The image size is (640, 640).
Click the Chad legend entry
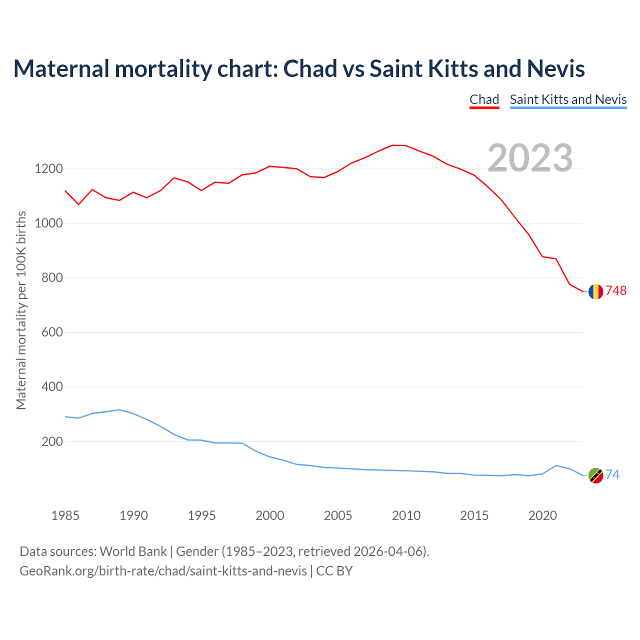(x=484, y=99)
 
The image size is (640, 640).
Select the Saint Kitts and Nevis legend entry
(x=568, y=99)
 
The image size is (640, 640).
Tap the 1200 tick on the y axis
(x=48, y=169)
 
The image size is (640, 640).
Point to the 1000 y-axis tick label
(x=48, y=223)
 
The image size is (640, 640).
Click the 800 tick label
(x=52, y=278)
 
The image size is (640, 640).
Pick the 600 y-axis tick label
(x=52, y=332)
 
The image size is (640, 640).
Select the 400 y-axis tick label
(x=52, y=387)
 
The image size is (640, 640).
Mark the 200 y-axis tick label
(x=52, y=441)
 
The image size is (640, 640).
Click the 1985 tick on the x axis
(x=65, y=515)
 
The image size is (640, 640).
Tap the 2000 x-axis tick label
(x=270, y=515)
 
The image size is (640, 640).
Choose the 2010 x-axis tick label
(x=406, y=515)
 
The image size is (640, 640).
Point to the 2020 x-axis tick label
(x=542, y=515)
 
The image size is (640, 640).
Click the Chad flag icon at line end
(x=595, y=291)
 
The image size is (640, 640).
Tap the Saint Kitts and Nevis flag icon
(x=595, y=475)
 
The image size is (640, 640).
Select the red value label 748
(x=616, y=291)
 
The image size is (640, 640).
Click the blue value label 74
(x=612, y=475)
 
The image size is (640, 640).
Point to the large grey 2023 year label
(x=530, y=158)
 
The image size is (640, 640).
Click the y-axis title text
(x=21, y=310)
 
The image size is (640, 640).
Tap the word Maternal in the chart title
(x=61, y=68)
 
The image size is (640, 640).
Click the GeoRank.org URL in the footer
(x=163, y=571)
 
